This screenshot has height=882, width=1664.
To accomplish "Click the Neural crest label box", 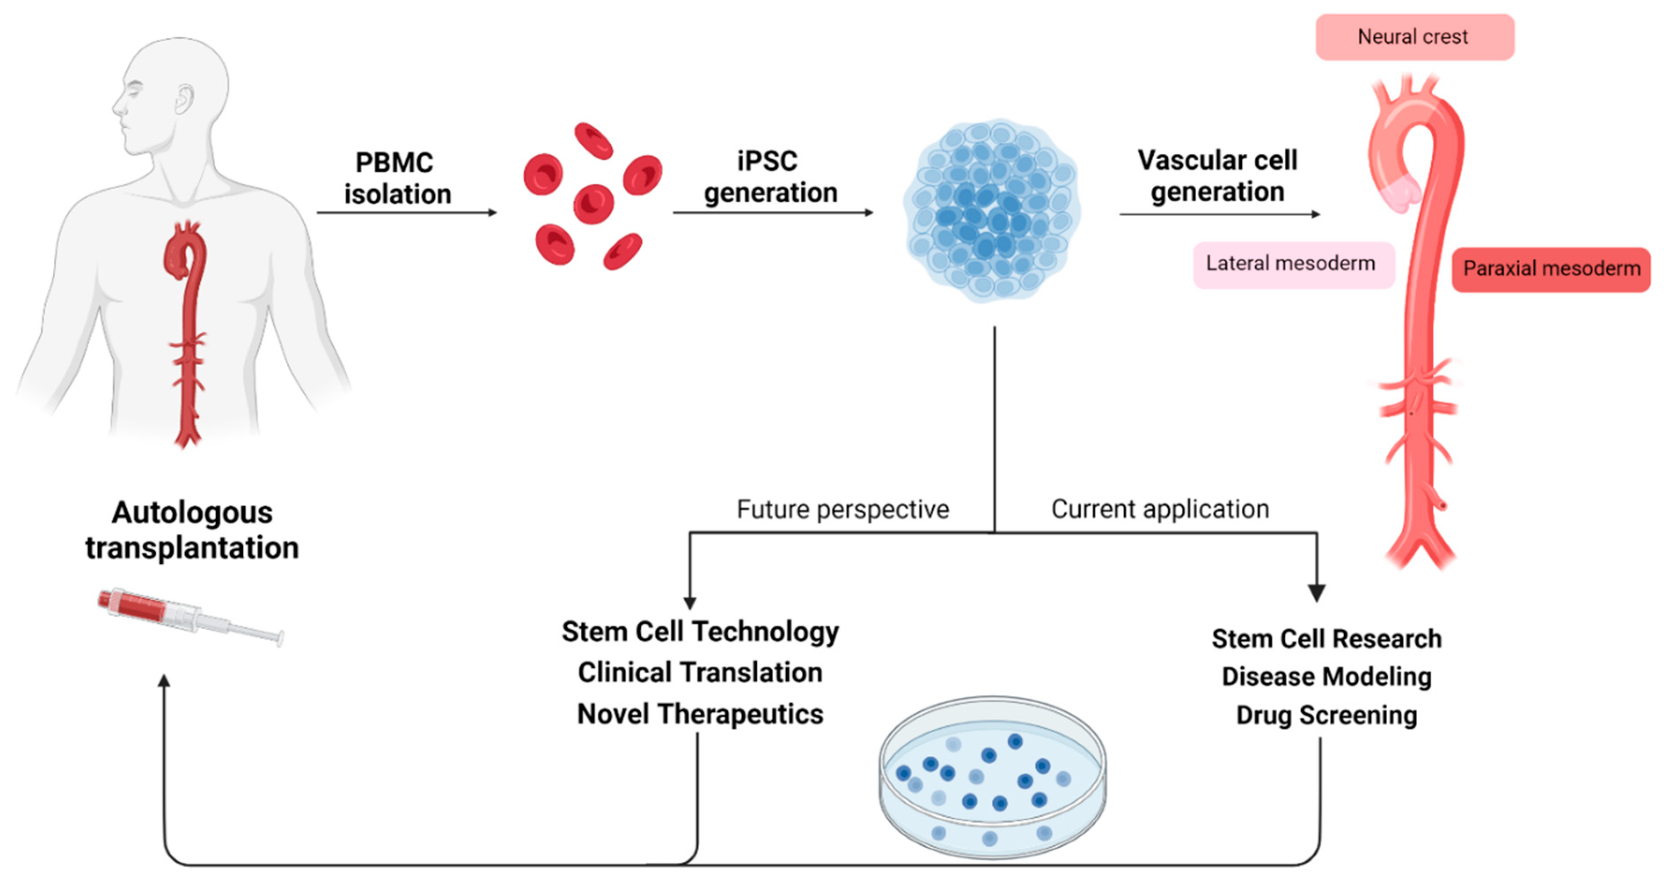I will coord(1415,37).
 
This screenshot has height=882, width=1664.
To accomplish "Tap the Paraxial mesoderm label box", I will coord(1550,269).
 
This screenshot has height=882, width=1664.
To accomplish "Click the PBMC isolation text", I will coord(396,178).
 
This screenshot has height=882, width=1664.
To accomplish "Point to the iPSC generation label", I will coord(770,177).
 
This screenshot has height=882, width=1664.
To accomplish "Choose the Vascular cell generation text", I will coord(1217,176).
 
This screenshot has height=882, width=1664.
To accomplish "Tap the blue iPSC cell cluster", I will coord(992,210).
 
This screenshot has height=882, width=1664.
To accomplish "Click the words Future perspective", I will coord(842,509).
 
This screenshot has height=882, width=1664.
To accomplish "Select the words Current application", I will coord(1159,509).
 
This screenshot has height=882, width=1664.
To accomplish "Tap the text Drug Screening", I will coord(1326,715).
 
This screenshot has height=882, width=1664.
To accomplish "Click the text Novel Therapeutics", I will coord(700,714).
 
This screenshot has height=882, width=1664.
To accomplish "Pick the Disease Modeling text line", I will coord(1326,676).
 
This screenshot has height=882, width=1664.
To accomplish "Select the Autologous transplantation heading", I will coord(192,530).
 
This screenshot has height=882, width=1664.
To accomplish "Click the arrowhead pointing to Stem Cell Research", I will coord(1316,592).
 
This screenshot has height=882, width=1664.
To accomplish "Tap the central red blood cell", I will coord(593,203).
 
